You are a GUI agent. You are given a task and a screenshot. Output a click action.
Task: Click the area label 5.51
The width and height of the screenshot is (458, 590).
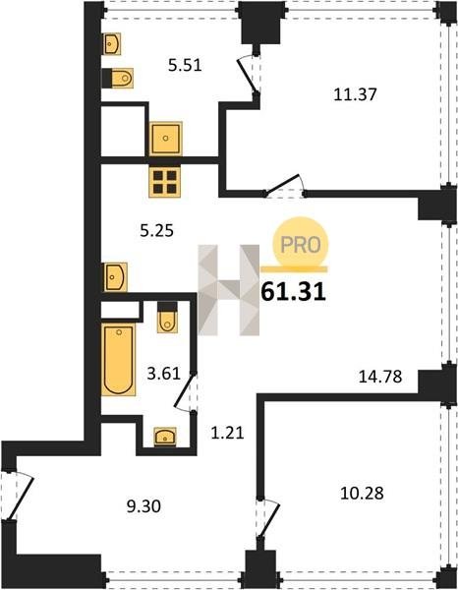[x=185, y=66]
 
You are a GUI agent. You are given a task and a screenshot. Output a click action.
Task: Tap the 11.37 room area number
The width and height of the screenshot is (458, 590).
[x=355, y=94]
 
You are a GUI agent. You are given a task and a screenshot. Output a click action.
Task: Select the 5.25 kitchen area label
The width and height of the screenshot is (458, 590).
[x=156, y=230]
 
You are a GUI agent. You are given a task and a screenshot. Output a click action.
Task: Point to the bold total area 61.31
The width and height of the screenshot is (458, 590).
[x=293, y=292]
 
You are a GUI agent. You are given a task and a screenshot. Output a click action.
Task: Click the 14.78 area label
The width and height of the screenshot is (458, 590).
[x=380, y=377]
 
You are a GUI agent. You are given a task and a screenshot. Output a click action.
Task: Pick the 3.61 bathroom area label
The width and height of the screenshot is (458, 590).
[x=163, y=375]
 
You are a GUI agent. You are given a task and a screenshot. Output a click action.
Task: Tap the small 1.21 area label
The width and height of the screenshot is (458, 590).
[x=227, y=433]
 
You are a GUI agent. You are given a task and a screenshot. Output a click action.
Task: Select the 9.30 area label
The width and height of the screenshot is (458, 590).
[x=143, y=506]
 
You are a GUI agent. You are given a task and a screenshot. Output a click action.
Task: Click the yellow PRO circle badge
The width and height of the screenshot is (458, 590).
[x=301, y=245]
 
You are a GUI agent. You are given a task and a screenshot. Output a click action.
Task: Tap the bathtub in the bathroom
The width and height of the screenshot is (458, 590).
[x=119, y=359]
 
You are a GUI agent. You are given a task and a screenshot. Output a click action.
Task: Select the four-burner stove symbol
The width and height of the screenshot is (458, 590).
[x=165, y=182]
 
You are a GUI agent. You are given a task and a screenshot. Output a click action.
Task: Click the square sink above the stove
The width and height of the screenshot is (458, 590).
[x=166, y=138]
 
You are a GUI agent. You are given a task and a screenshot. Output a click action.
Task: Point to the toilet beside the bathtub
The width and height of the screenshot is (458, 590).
[x=167, y=318]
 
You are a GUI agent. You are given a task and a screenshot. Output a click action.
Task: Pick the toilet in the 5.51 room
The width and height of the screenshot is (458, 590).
[x=118, y=79]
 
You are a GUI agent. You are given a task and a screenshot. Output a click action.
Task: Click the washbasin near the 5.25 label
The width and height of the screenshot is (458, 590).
[x=114, y=277]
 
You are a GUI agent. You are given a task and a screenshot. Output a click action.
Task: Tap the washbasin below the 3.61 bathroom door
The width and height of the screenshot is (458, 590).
[x=165, y=437]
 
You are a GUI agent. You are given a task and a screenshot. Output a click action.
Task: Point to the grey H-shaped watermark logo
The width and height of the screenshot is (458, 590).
[x=229, y=290]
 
